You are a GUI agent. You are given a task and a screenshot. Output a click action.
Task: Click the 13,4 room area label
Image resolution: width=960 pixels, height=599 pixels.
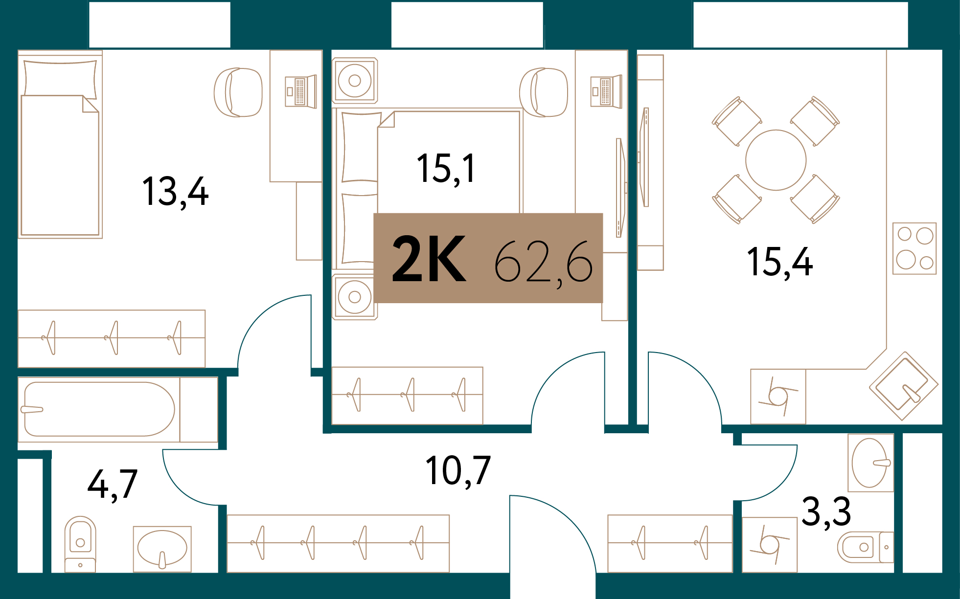175,192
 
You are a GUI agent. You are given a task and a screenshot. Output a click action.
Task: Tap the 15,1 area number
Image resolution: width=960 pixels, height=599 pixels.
446,169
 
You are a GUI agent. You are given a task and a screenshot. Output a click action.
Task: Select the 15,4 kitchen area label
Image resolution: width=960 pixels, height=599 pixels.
779,263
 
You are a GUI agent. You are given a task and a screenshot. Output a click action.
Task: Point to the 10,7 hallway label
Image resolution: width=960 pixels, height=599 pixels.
457,471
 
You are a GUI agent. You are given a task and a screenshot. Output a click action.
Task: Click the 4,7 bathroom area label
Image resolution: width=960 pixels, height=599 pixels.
113,485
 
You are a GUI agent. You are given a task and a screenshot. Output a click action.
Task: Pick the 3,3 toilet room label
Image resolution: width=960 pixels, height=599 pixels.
826,512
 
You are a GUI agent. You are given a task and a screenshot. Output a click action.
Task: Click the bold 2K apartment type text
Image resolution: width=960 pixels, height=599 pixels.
429,259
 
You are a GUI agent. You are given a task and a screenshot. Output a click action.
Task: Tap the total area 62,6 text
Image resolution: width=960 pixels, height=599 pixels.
543,262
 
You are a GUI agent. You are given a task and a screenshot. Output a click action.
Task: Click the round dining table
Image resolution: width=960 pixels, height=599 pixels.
776,160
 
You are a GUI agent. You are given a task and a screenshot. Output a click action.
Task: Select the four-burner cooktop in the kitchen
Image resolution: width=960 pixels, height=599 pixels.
914,248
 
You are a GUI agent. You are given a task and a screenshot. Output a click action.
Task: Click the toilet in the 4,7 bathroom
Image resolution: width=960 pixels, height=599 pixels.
80,543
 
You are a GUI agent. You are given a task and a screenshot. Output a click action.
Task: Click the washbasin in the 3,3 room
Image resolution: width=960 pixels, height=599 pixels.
870,463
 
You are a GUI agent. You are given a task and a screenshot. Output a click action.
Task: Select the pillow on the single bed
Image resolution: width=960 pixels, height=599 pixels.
60,77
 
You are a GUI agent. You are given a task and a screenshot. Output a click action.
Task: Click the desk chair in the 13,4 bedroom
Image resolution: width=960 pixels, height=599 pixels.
238,92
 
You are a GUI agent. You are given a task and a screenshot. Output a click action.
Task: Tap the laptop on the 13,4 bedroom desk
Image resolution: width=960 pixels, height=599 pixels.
300,91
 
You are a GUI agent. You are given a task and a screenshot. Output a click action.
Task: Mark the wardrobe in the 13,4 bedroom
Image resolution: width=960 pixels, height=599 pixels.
112,338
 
